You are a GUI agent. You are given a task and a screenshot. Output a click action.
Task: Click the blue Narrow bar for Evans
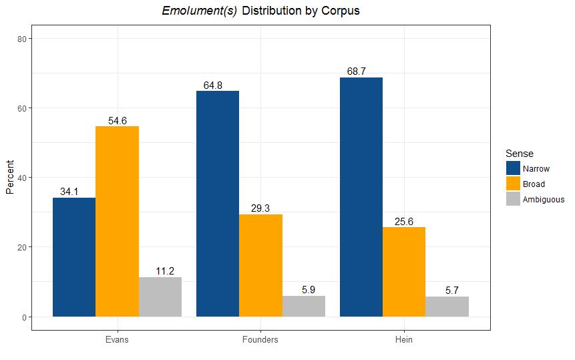[74, 257]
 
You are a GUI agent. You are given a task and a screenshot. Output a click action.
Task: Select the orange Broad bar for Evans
[118, 222]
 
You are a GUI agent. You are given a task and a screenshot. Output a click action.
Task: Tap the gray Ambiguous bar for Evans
[160, 297]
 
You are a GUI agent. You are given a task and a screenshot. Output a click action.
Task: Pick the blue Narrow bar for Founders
[218, 204]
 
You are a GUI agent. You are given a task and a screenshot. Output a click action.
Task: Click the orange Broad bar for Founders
[260, 265]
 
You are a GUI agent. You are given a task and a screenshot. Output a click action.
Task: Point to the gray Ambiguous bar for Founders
[304, 306]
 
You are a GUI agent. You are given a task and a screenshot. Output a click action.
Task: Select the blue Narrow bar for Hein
[361, 197]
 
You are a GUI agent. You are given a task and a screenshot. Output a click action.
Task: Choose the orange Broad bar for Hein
[404, 272]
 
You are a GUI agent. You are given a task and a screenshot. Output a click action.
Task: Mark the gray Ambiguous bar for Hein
[447, 307]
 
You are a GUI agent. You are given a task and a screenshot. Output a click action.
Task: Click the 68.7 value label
[357, 71]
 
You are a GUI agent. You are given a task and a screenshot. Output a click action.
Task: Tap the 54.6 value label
[118, 121]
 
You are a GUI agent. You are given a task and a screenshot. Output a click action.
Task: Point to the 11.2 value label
[165, 271]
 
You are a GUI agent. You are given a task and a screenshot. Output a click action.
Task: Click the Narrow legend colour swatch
[513, 168]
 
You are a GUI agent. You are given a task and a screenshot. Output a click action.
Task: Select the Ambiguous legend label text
[544, 200]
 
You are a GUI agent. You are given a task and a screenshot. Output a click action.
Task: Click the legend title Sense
[520, 153]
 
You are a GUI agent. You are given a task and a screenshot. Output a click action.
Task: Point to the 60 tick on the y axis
[22, 108]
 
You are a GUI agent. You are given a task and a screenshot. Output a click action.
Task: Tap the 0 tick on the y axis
[25, 317]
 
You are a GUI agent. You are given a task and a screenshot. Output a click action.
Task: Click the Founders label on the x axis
[260, 339]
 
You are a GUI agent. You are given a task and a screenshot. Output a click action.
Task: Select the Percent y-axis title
[10, 177]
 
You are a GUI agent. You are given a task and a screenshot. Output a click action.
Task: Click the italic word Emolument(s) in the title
[200, 11]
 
